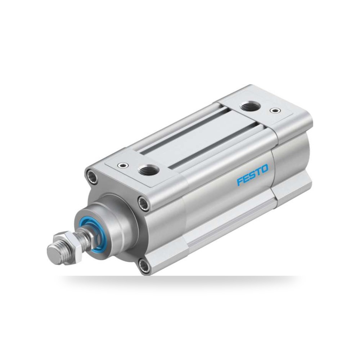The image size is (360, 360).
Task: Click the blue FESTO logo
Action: click(252, 174)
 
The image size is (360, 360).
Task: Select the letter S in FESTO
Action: click(252, 174)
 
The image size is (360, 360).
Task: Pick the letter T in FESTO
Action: click(258, 171)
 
